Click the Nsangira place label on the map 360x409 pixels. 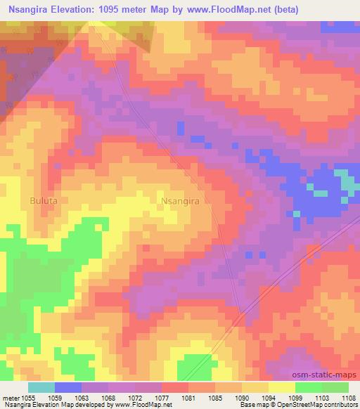point(181,201)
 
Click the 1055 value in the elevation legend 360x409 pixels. point(26,397)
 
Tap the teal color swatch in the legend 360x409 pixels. point(41,387)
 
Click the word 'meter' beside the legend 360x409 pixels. point(10,397)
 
